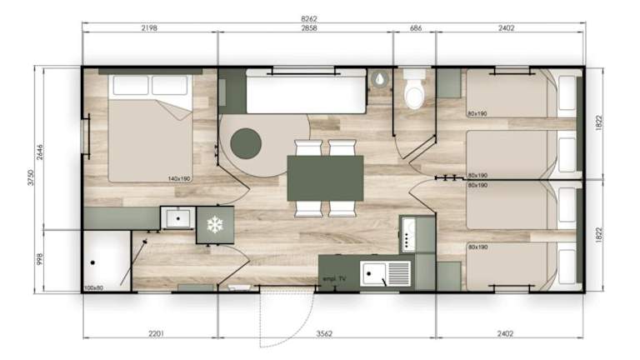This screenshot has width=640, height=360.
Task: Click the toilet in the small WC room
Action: coord(414,89)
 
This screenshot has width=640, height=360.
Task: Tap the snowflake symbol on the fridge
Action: coord(215,225)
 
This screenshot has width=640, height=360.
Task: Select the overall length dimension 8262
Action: coord(309,18)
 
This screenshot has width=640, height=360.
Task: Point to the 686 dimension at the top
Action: coord(416,28)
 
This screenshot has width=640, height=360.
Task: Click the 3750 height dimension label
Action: coord(31,177)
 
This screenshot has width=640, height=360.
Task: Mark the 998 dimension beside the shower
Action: coord(40,259)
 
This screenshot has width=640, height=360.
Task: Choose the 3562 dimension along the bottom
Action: coord(324,334)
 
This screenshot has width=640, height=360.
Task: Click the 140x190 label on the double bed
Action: coord(179,179)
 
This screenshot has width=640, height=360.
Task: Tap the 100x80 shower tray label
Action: coord(93,287)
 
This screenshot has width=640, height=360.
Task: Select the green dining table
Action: coord(325,178)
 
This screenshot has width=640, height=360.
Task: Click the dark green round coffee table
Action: coord(246,143)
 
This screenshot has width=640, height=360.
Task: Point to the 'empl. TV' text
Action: coord(334,279)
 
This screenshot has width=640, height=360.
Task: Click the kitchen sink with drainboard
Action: coord(385,274)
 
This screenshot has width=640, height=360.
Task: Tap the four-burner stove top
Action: coord(407,235)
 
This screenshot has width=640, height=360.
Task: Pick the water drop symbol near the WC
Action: coord(380,78)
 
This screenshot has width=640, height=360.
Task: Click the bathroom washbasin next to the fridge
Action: coord(178,218)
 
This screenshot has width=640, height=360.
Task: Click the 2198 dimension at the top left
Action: coord(149,28)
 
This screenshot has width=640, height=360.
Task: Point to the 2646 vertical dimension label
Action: coord(40,152)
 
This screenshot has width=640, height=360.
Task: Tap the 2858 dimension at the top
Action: coord(309,28)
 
